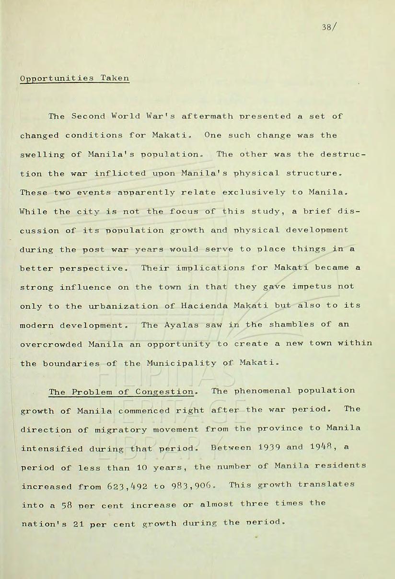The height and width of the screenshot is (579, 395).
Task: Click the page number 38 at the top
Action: pyautogui.click(x=327, y=27)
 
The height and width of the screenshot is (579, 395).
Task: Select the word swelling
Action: pyautogui.click(x=43, y=155)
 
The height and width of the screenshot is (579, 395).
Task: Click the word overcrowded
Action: pyautogui.click(x=51, y=345)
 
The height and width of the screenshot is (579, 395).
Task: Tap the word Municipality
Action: pyautogui.click(x=185, y=363)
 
